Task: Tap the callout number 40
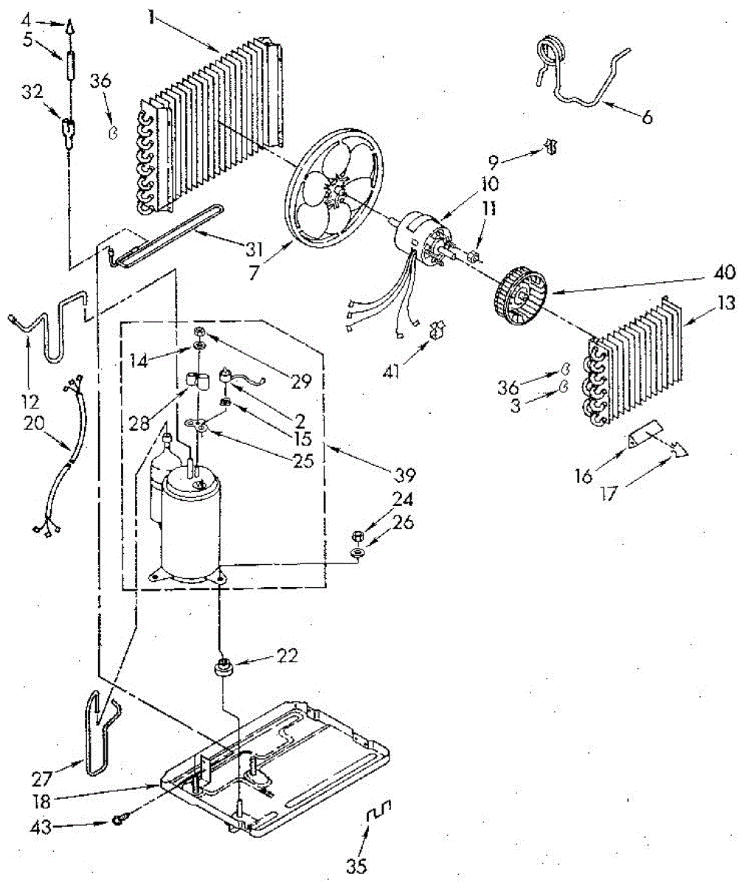(724, 273)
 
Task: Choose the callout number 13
(727, 303)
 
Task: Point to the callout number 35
(356, 865)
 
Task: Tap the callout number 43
(42, 827)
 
